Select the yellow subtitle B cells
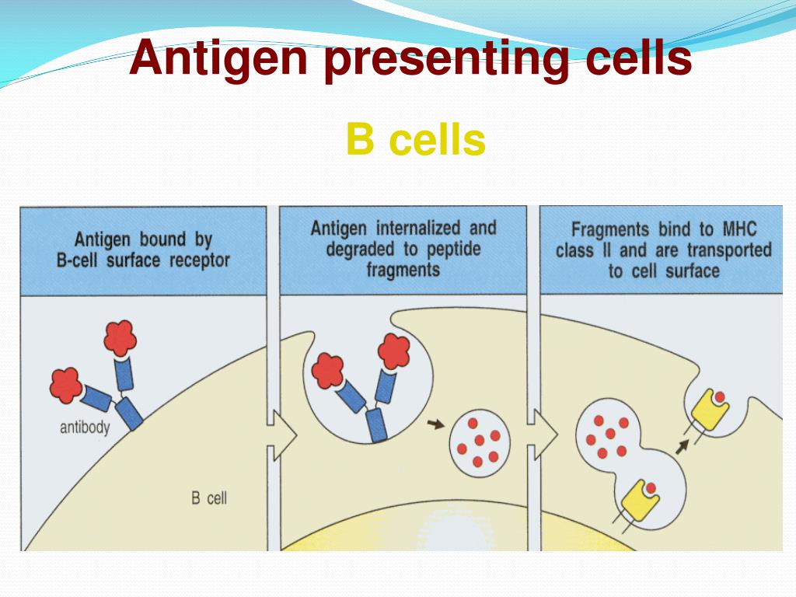pos(416,141)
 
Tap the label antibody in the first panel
pos(85,427)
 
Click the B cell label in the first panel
pos(209,497)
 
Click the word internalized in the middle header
pos(421,229)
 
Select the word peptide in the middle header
pos(451,250)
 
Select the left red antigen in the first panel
pos(65,384)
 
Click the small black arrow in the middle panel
pos(437,424)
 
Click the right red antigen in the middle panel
pos(395,351)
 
